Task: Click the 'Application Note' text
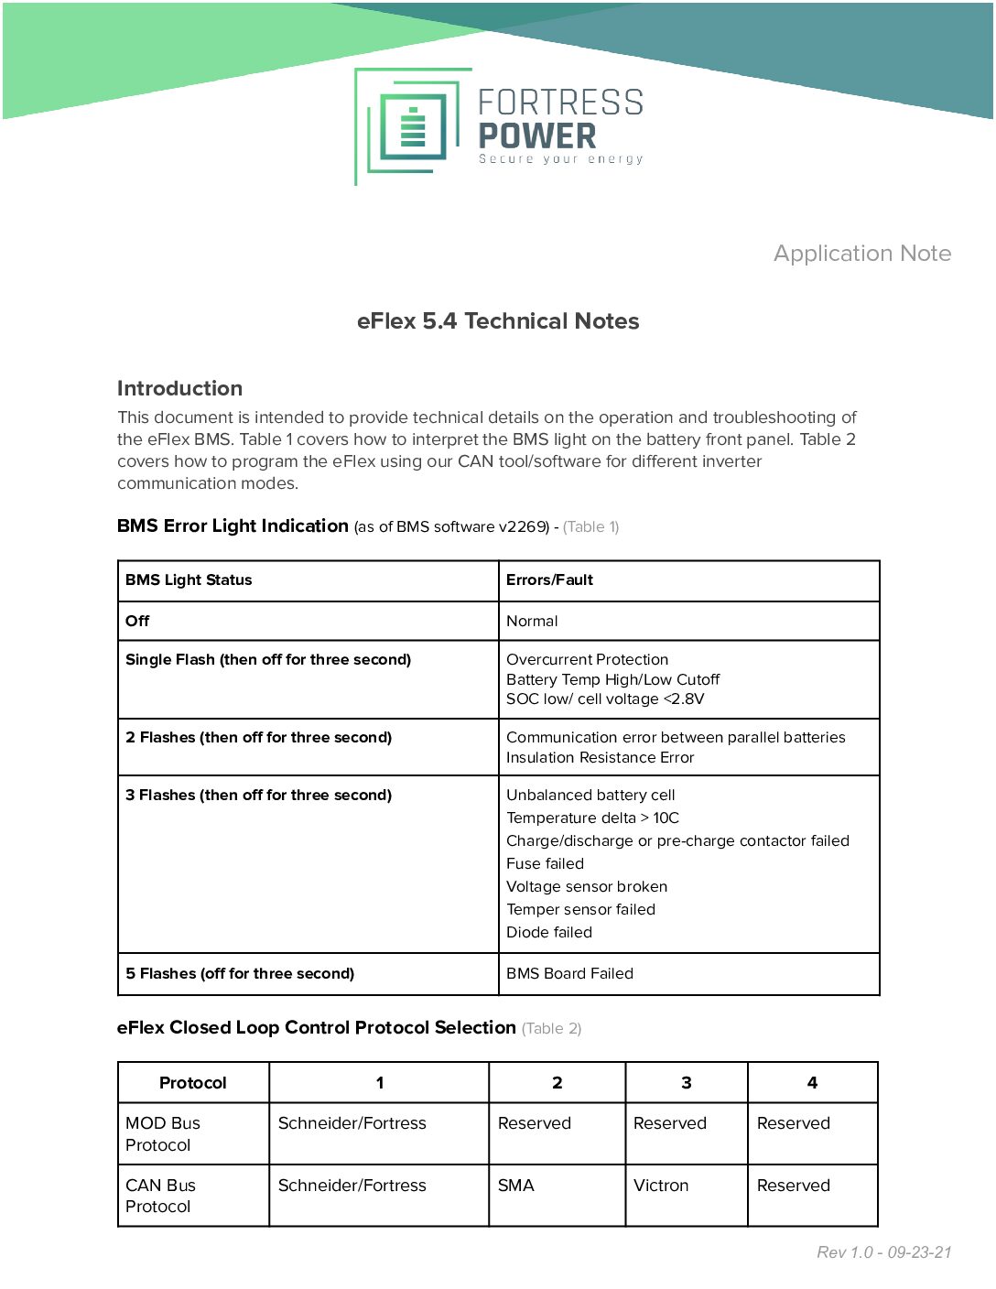(x=861, y=254)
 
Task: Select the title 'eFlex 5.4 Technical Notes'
(x=498, y=321)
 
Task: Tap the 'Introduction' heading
(x=179, y=388)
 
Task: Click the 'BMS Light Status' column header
(x=189, y=580)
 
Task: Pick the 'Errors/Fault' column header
(x=549, y=580)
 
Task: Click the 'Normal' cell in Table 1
(x=532, y=621)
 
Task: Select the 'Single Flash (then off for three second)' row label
(x=268, y=659)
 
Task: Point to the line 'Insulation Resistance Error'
(x=600, y=757)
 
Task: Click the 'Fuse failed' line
(x=545, y=863)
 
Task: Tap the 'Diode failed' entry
(x=549, y=932)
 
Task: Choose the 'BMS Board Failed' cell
(x=569, y=973)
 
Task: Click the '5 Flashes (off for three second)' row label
(x=240, y=973)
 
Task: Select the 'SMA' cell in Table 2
(x=515, y=1186)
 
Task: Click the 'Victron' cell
(x=660, y=1186)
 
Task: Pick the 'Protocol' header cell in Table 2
(x=192, y=1083)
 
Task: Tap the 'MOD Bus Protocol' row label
(x=162, y=1133)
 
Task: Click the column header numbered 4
(x=812, y=1083)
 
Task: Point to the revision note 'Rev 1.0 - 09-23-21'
(x=883, y=1252)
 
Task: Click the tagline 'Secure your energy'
(x=560, y=159)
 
